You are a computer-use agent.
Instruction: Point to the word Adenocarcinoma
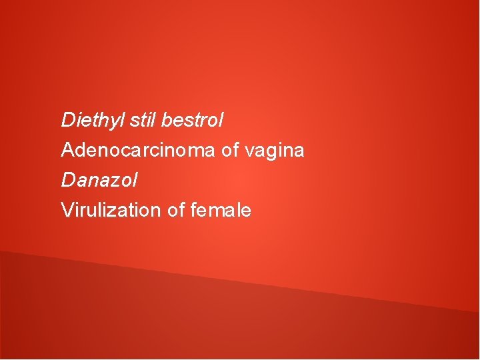pyautogui.click(x=138, y=151)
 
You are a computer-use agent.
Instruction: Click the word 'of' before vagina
pyautogui.click(x=230, y=151)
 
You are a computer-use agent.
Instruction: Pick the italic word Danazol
pyautogui.click(x=99, y=180)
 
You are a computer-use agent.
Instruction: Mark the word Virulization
pyautogui.click(x=111, y=211)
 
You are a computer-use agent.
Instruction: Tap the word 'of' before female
pyautogui.click(x=176, y=211)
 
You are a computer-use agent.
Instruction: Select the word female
pyautogui.click(x=221, y=211)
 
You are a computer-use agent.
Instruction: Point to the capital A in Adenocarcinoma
pyautogui.click(x=67, y=151)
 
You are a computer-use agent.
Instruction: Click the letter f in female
pyautogui.click(x=194, y=211)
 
